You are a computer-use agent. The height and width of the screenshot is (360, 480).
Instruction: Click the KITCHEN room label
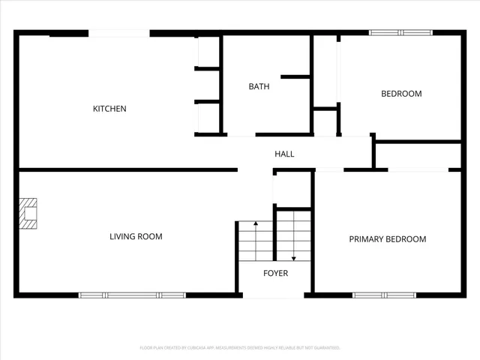(x=109, y=109)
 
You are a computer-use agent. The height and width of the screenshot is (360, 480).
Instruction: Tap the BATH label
(x=259, y=86)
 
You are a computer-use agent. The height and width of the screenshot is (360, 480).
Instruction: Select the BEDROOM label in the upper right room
(x=401, y=94)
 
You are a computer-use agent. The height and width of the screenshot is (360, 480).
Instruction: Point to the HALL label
(x=284, y=154)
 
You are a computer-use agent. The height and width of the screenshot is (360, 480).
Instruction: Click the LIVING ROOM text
(x=136, y=237)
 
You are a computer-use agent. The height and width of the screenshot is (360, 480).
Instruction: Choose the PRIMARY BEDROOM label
(x=387, y=239)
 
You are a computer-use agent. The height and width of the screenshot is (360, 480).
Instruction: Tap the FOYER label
(x=275, y=273)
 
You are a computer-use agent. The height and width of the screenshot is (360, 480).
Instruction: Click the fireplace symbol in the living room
(x=28, y=212)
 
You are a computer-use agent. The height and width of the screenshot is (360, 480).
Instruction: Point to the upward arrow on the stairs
(x=255, y=224)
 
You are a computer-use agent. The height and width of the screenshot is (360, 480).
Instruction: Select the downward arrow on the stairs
(x=293, y=257)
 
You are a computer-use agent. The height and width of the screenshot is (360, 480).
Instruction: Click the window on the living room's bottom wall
(x=132, y=295)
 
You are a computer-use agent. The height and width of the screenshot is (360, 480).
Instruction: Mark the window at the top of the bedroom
(x=400, y=33)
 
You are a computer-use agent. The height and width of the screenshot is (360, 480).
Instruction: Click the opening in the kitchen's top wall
(x=119, y=33)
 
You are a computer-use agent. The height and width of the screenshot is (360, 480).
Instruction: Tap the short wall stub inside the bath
(x=295, y=76)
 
